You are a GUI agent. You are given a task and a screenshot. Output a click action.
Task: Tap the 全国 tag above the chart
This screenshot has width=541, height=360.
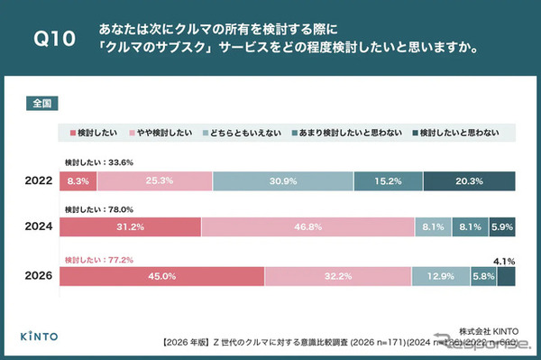pos(41,104)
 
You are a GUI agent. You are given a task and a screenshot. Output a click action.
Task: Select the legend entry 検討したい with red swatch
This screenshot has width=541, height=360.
pos(96,133)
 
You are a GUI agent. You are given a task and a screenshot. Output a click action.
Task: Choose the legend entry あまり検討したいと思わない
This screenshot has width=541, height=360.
pos(342,133)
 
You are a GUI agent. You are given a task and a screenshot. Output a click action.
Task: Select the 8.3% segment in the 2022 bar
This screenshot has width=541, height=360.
pos(78,180)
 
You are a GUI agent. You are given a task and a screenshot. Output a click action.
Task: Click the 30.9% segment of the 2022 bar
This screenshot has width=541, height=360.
pos(283,180)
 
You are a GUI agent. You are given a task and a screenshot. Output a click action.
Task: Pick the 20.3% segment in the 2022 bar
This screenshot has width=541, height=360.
pos(469,180)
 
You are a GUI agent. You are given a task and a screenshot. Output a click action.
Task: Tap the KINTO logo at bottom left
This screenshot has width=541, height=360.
pos(39,336)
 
